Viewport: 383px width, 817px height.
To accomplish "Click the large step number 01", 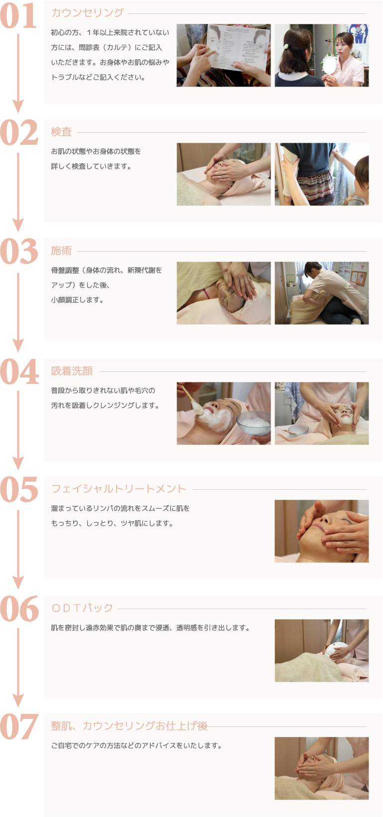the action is click(18, 16).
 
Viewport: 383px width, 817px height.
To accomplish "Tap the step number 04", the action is click(19, 371).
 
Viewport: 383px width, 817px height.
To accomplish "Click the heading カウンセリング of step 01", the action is click(88, 13).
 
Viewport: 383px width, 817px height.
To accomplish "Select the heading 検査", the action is click(61, 132).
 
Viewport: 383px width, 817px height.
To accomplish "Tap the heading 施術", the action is click(61, 251).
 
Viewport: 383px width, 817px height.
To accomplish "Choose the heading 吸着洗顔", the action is click(72, 371).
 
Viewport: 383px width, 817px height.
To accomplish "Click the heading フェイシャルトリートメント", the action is click(119, 489).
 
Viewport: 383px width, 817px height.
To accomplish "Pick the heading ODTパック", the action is click(83, 608).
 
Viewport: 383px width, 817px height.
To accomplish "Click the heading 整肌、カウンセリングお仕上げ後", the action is click(129, 726).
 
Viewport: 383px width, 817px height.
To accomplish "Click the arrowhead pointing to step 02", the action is click(18, 106).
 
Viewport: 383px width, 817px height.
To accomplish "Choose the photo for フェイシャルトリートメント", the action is click(322, 531).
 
